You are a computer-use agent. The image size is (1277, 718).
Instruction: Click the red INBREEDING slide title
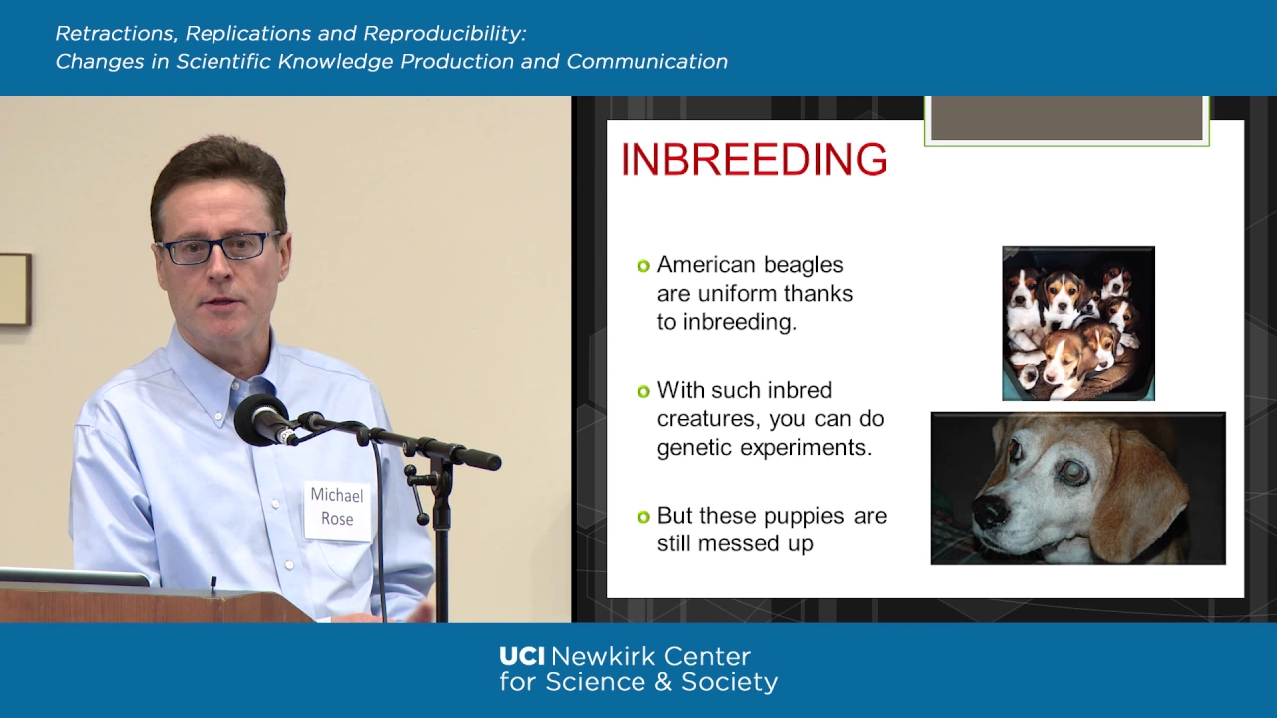pyautogui.click(x=753, y=158)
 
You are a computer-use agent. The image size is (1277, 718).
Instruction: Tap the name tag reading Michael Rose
pyautogui.click(x=337, y=509)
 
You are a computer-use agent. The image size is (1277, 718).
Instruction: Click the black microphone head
pyautogui.click(x=262, y=420)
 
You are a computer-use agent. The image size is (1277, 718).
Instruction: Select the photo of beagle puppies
pyautogui.click(x=1078, y=323)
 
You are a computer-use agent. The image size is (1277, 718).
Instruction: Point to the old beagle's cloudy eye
pyautogui.click(x=1072, y=472)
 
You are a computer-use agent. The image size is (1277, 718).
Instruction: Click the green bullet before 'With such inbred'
pyautogui.click(x=643, y=392)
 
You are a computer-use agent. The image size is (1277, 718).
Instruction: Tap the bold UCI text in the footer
pyautogui.click(x=522, y=656)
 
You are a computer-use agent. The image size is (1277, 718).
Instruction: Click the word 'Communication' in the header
pyautogui.click(x=647, y=61)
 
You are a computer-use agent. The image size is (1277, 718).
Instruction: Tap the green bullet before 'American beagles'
pyautogui.click(x=643, y=266)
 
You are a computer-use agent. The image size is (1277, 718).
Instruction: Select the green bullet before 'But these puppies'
pyautogui.click(x=643, y=517)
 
